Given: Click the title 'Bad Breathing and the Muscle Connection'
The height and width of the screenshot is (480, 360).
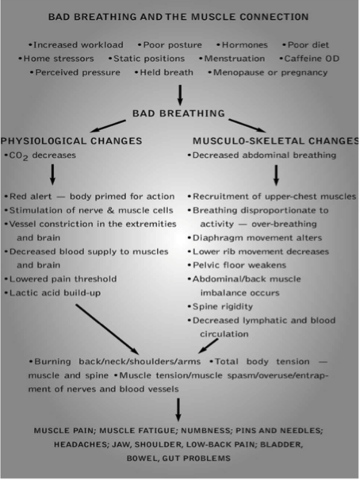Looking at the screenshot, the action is (178, 17).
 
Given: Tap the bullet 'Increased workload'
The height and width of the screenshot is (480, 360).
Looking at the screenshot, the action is (76, 45).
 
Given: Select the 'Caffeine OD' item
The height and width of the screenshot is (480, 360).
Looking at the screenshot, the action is (309, 59).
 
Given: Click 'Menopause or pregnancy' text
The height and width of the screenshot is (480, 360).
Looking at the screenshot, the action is (268, 73).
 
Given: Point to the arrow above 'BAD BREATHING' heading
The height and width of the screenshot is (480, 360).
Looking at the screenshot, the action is (181, 95).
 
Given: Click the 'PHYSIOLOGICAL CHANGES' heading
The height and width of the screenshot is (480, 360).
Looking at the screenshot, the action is (71, 140).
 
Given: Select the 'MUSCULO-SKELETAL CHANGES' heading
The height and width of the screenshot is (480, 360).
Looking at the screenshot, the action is (276, 140).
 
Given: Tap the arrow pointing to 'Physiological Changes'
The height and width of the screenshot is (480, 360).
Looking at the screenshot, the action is (108, 126).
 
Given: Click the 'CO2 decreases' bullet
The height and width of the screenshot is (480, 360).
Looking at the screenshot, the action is (40, 156).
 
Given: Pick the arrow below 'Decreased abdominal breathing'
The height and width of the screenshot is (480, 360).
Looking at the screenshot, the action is (276, 175).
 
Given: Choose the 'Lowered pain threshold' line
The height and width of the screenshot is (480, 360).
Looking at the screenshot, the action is (60, 279).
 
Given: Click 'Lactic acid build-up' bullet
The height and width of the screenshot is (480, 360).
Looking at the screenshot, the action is (52, 293).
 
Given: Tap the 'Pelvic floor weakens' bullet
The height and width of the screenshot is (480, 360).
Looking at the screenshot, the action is (237, 265).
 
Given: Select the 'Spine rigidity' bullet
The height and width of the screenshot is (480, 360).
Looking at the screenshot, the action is (220, 307).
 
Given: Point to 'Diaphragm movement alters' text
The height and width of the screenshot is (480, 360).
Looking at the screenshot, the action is (255, 238).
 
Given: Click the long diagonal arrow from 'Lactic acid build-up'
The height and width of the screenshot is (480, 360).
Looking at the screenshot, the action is (107, 329).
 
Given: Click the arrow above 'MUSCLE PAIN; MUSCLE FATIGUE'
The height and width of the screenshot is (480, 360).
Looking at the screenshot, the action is (178, 409).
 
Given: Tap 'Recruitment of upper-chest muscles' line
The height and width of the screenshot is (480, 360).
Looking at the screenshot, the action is (272, 197).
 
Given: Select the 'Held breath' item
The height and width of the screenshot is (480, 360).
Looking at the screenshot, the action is (164, 72).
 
